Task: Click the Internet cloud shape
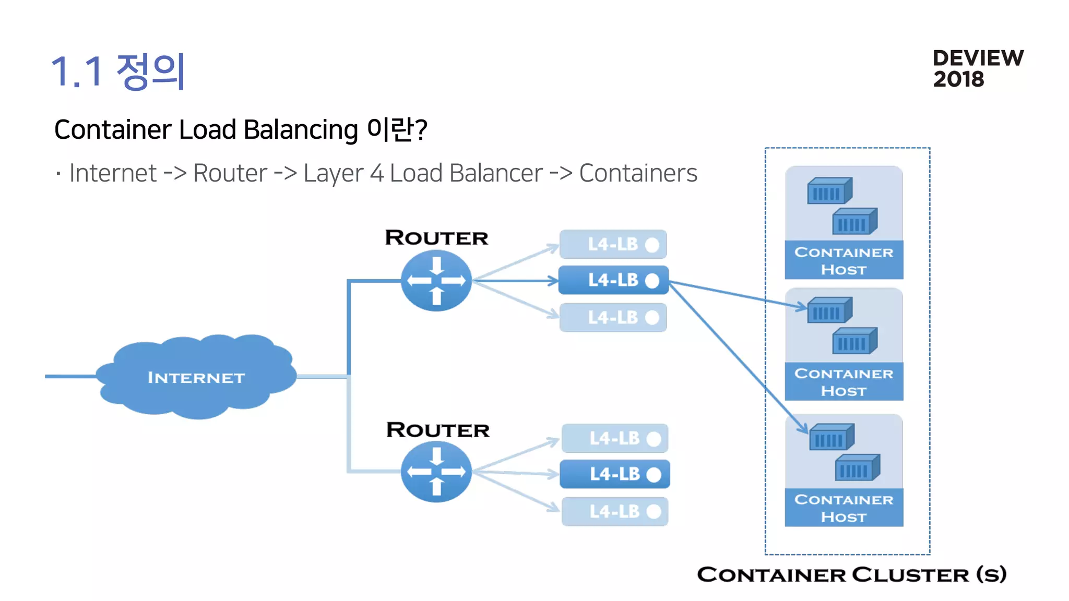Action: coord(196,377)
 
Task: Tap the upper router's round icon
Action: coord(436,281)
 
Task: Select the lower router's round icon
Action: coord(436,472)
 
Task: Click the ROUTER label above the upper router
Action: coord(436,238)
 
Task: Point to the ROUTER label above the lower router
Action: coord(437,430)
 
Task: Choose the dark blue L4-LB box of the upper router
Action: coord(613,280)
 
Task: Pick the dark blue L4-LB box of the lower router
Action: coord(614,474)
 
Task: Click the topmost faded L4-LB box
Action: coord(613,244)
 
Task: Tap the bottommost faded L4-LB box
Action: coord(614,511)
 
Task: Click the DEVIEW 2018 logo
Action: coord(978,68)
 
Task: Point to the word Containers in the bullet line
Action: coord(638,173)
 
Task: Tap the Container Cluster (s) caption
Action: coord(851,574)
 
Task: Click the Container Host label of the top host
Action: coord(844,260)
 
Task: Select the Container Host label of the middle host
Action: coord(844,382)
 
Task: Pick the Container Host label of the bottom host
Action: coord(844,508)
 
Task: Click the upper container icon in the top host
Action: coord(829,191)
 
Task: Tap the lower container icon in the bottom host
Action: coord(857,467)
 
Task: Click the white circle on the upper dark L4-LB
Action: coord(652,281)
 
